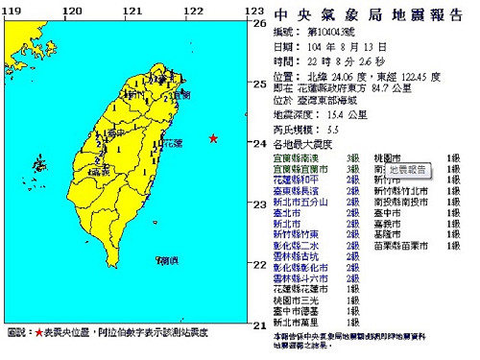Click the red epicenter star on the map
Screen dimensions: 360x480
pyautogui.click(x=213, y=140)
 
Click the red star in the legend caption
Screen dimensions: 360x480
pyautogui.click(x=39, y=334)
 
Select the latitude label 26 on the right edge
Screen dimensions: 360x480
pyautogui.click(x=257, y=24)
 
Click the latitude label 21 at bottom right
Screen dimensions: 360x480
pyautogui.click(x=257, y=325)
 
